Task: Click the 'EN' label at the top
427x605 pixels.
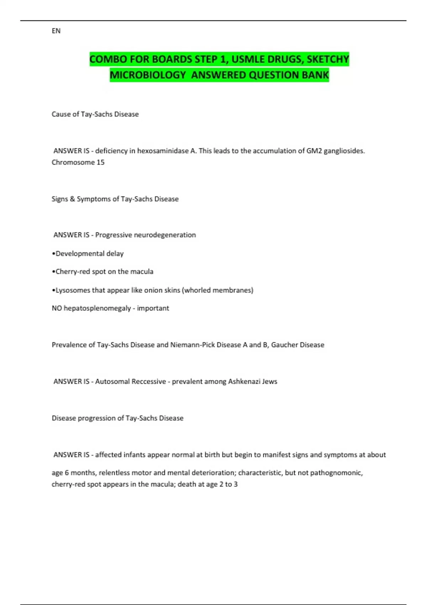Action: click(56, 31)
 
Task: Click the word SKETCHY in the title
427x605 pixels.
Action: click(328, 59)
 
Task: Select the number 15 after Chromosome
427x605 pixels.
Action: click(100, 162)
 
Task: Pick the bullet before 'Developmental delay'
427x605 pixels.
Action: click(53, 254)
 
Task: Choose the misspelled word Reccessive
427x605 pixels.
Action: click(148, 382)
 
